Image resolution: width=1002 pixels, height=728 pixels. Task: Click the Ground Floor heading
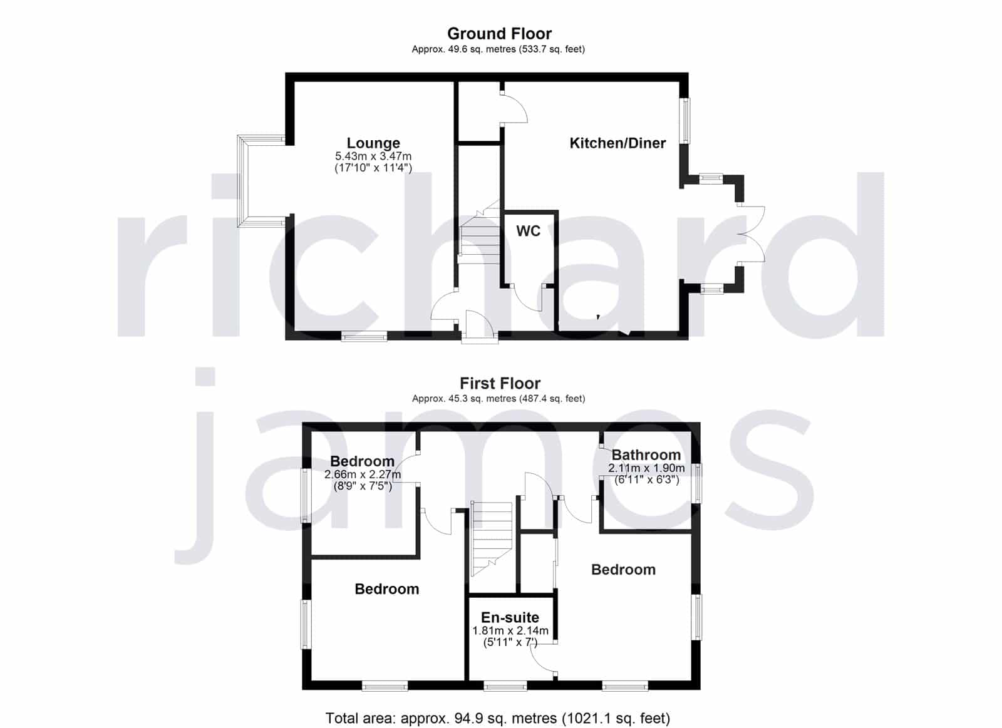[x=499, y=34]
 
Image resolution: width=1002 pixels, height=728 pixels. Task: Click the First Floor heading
[x=500, y=383]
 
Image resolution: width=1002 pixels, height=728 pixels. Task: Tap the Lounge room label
[x=373, y=143]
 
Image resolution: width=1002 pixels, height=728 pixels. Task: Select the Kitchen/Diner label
[x=617, y=143]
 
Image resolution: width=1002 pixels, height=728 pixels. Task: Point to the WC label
[x=529, y=231]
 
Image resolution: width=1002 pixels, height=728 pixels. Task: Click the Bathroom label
[x=646, y=455]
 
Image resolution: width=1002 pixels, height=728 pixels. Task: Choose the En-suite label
[x=510, y=617]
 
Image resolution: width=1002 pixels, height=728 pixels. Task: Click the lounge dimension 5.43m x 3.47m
[x=373, y=156]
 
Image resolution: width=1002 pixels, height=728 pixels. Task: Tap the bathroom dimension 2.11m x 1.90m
[x=646, y=468]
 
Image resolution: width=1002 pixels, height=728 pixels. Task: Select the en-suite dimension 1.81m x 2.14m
[x=510, y=631]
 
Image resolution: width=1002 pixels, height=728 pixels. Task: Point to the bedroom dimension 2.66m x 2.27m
[x=363, y=474]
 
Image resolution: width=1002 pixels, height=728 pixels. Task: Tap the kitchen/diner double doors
[x=751, y=234]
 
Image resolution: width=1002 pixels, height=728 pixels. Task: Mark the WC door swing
[x=528, y=297]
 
